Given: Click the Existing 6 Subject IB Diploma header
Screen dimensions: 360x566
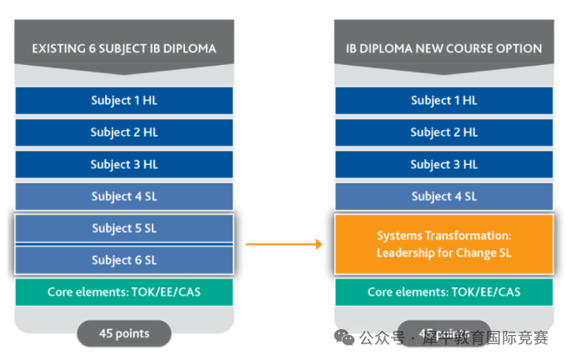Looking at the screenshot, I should coord(123,48).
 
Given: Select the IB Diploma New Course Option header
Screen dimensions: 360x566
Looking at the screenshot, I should coord(443,48).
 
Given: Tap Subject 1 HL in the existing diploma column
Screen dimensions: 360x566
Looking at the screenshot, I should coord(123,101).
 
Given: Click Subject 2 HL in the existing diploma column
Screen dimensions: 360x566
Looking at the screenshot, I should coord(123,132).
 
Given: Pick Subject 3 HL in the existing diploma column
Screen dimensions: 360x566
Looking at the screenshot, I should coord(123,164).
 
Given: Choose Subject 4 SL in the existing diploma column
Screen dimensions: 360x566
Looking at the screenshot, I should coord(123,197).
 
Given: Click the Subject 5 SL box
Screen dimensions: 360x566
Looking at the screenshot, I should coord(123,228).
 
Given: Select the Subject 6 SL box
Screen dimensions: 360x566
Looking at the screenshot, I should coord(123,260).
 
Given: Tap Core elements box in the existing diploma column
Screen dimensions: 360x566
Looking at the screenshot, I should coord(123,292).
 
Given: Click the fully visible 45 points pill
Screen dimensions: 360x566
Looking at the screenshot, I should coord(123,333).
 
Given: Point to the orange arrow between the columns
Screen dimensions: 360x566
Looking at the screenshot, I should coord(284,244).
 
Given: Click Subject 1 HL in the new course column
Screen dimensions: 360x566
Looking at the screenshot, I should coord(443,101).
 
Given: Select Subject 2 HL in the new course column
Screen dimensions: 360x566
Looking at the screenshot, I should coord(443,132).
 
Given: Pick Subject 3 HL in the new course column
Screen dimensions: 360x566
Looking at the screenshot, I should coord(443,164).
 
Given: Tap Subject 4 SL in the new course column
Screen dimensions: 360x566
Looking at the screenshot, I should coord(443,197).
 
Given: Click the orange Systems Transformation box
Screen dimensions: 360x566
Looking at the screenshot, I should coord(443,244).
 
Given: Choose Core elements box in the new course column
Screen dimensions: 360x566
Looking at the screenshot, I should coord(443,292).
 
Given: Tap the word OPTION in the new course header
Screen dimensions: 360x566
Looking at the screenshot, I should coord(518,48).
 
